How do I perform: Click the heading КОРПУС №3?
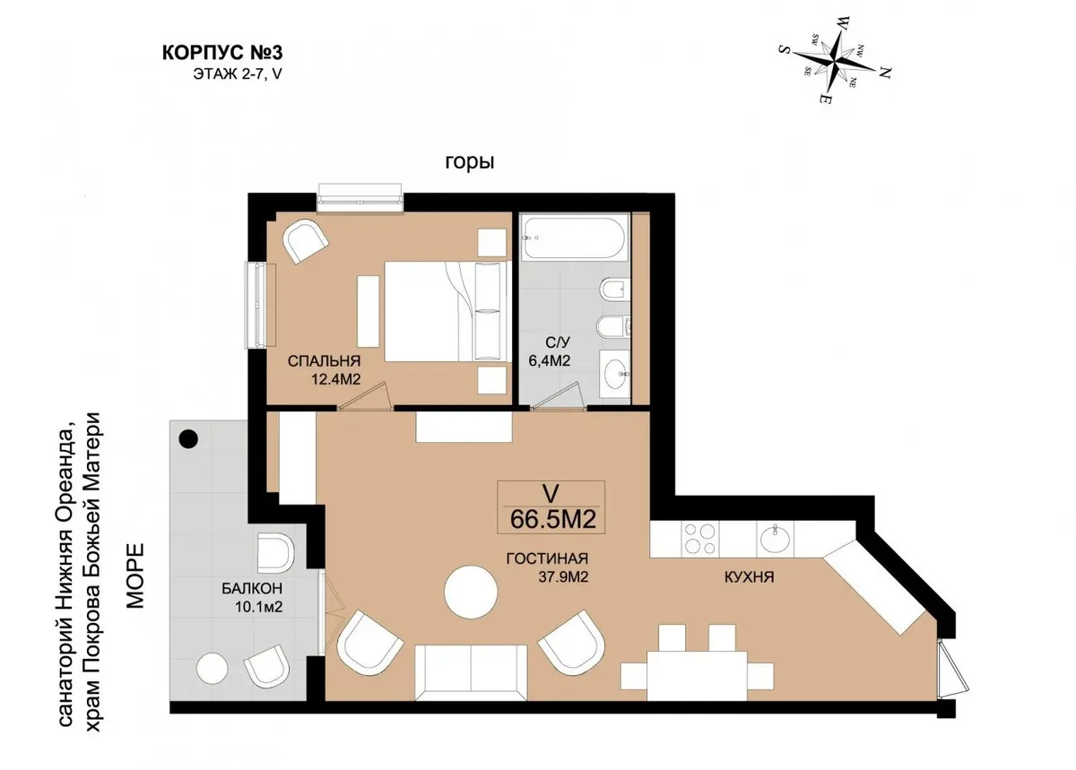(222, 52)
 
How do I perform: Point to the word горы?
(470, 162)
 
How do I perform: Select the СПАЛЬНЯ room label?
(324, 360)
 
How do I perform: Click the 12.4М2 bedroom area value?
(335, 379)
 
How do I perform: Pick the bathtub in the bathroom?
(575, 238)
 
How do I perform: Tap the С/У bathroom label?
(557, 342)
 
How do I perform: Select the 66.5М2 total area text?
(553, 519)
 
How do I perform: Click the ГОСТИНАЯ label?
(547, 558)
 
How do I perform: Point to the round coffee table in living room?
(471, 592)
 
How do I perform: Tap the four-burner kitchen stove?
(699, 539)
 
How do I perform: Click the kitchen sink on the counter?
(775, 539)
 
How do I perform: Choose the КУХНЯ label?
(749, 577)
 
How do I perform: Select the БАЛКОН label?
(252, 588)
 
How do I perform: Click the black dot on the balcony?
(187, 438)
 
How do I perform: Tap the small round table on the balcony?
(212, 668)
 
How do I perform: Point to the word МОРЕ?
(135, 576)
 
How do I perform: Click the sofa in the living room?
(472, 672)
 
